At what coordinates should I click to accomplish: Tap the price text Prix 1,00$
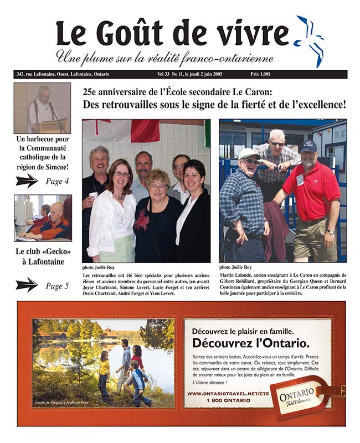264,74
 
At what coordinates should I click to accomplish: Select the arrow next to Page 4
27,181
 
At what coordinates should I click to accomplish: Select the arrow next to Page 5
27,285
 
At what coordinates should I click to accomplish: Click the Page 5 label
58,286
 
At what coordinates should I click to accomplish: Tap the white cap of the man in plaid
249,153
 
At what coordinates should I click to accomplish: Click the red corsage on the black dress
142,220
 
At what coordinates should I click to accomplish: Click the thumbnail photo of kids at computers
42,217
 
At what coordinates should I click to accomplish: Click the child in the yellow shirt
104,377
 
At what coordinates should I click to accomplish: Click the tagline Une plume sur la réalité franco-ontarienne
164,58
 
